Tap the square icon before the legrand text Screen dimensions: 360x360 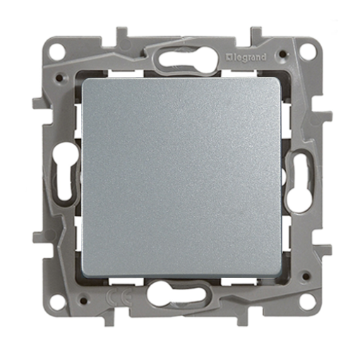(x=229, y=57)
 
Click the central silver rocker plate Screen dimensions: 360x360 (x=181, y=176)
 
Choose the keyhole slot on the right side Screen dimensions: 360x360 (x=297, y=182)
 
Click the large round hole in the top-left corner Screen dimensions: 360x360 (x=56, y=51)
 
